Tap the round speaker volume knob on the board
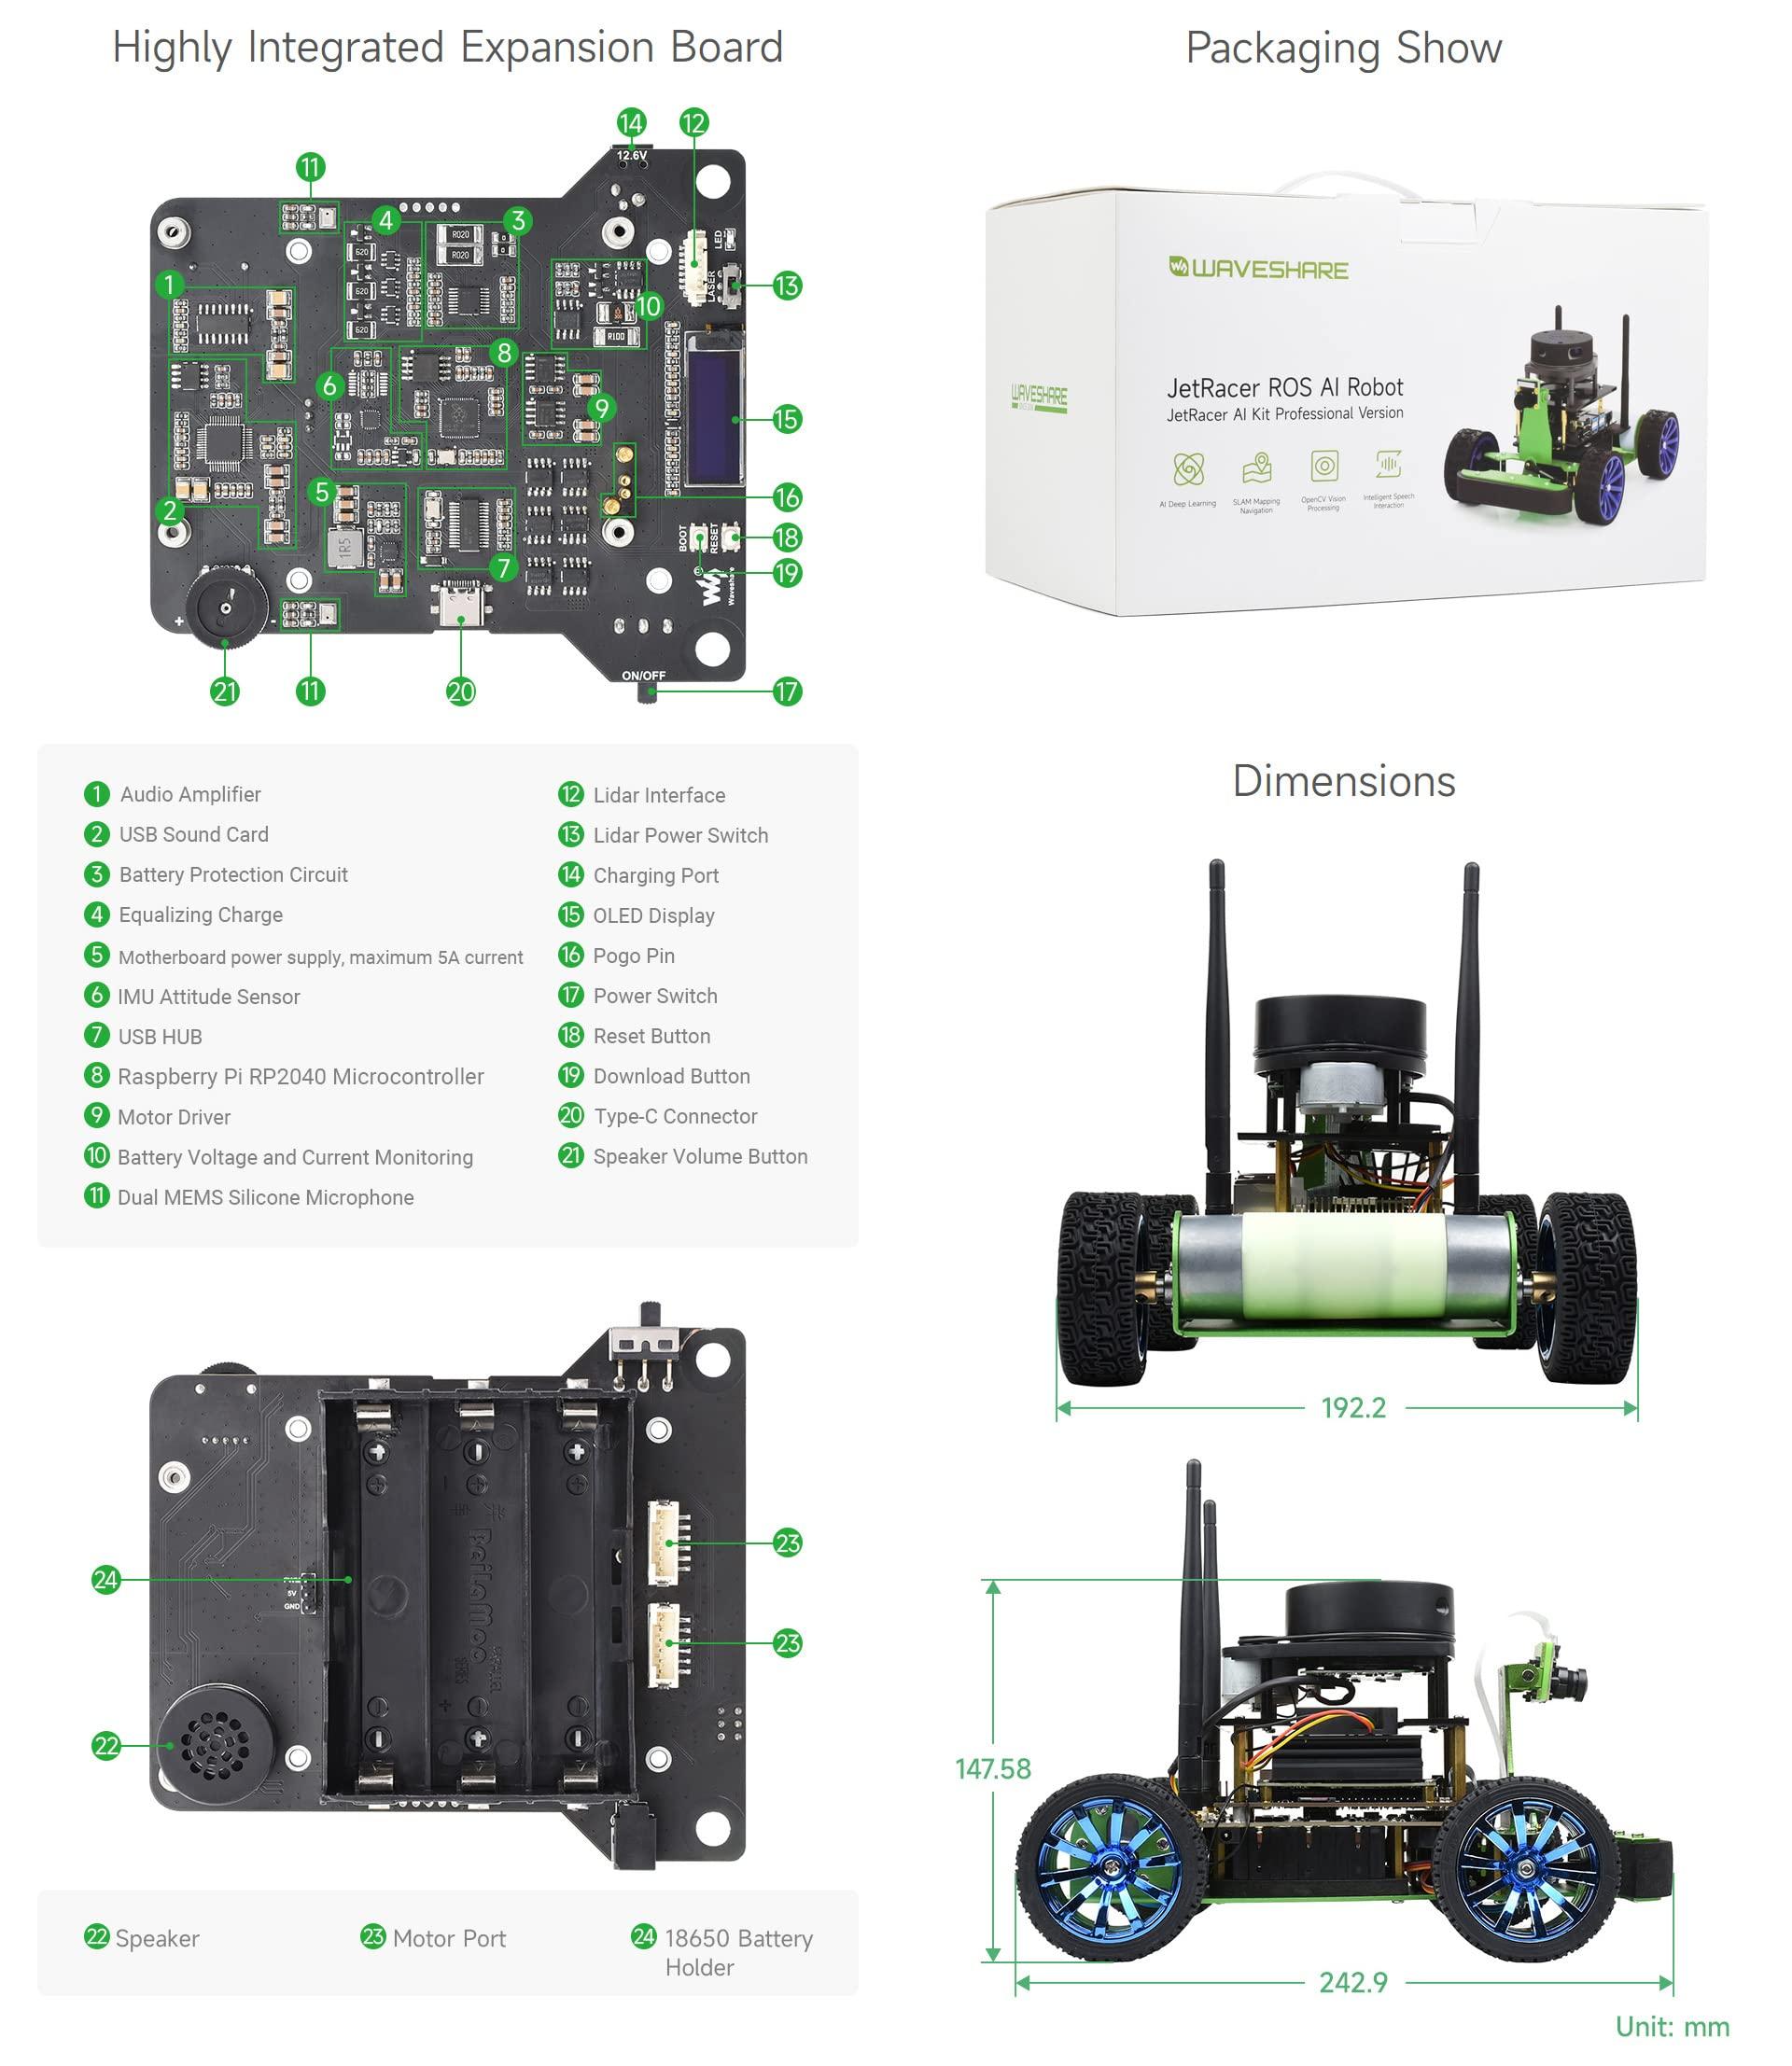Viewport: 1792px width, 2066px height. coord(227,604)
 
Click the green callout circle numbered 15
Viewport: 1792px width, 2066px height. coord(787,419)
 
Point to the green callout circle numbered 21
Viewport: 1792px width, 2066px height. coord(225,691)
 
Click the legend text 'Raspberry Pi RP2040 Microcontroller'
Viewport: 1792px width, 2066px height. coord(300,1076)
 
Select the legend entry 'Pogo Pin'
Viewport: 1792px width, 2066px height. coord(633,955)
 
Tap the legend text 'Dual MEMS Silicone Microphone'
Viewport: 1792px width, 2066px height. coord(265,1197)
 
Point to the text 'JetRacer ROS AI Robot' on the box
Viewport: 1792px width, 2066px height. coord(1284,387)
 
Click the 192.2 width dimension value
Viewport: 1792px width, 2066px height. coord(1353,1408)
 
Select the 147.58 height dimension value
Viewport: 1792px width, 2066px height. coord(992,1769)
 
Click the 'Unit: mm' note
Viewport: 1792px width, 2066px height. coord(1672,2026)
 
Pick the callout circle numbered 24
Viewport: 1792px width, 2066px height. coord(106,1580)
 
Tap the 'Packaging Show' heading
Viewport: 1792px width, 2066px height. coord(1343,48)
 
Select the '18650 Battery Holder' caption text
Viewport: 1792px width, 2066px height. coord(738,1952)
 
